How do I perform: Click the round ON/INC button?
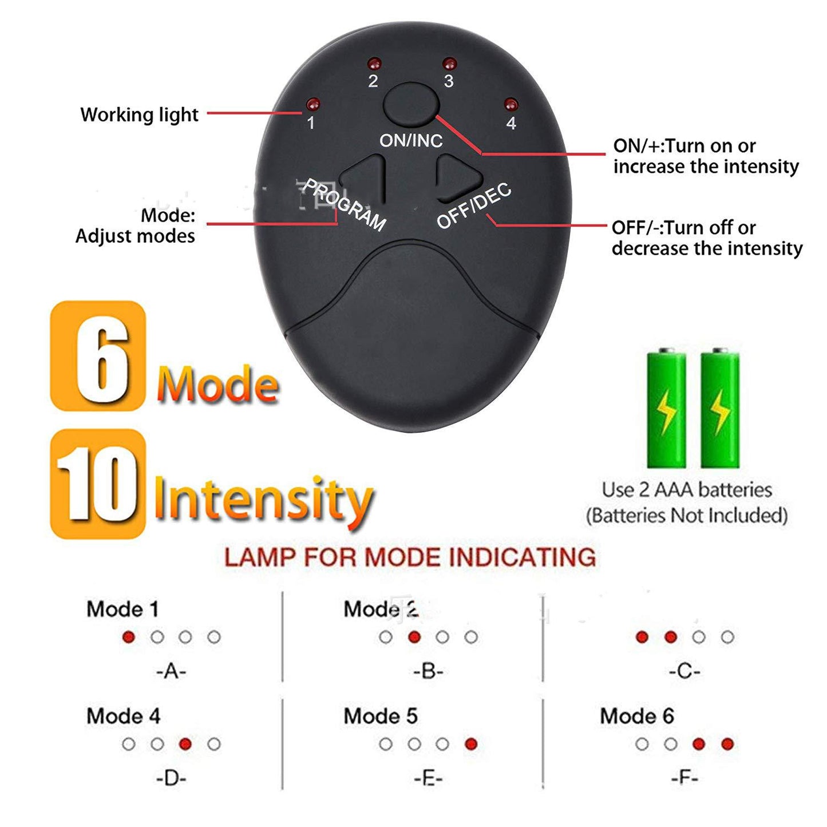point(410,104)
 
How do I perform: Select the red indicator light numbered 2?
point(374,62)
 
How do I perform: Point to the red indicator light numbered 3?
point(450,63)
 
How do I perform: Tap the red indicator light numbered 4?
point(511,105)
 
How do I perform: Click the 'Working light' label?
point(139,114)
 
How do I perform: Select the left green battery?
point(666,409)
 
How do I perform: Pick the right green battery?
point(720,409)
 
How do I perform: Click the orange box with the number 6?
point(98,356)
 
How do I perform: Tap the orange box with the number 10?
point(98,484)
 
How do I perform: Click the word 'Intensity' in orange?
point(263,500)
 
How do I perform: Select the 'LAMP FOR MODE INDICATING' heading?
point(410,557)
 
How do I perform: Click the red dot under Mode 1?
point(129,637)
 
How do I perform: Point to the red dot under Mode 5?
point(471,744)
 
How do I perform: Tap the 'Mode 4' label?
point(123,716)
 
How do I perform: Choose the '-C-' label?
point(684,671)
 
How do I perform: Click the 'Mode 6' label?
point(637,716)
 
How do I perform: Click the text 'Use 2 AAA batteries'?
point(687,490)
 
